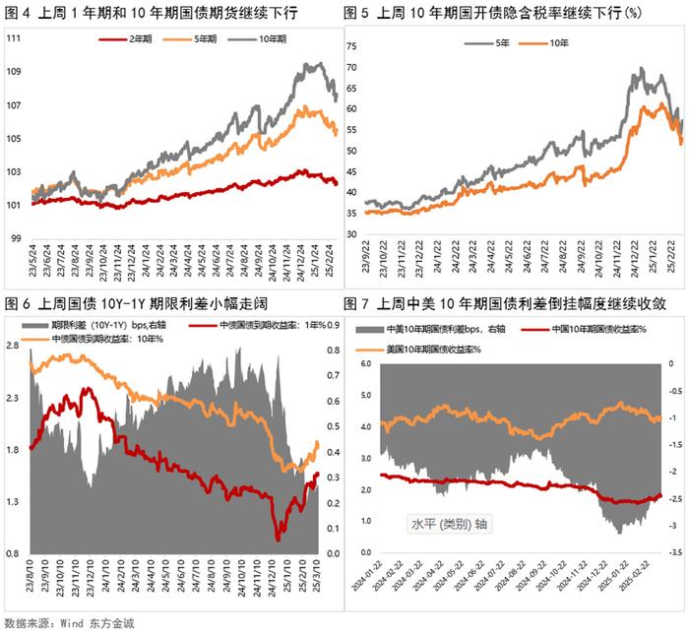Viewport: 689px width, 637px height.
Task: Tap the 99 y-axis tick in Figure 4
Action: coord(17,237)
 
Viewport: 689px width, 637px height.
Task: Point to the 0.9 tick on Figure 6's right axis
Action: coord(334,324)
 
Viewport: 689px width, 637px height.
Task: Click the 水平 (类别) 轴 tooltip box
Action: coord(450,524)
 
